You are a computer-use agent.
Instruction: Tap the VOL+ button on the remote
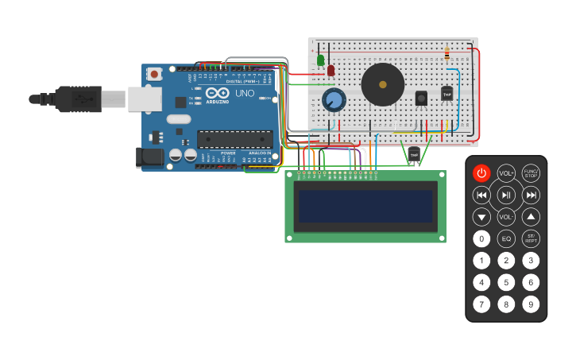(506, 173)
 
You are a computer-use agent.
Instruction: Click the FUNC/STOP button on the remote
(531, 173)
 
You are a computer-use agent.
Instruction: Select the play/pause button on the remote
(506, 195)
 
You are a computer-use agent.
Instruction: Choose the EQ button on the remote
(506, 238)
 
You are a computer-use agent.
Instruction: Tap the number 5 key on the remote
(506, 281)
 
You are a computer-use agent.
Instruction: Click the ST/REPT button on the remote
(531, 238)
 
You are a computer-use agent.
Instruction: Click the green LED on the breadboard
(321, 60)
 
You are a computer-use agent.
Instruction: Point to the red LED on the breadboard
(331, 71)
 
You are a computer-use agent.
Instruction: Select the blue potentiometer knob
(334, 100)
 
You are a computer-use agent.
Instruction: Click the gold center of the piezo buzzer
(382, 84)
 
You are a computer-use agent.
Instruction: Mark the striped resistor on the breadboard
(446, 54)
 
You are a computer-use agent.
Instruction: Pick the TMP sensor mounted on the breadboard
(446, 94)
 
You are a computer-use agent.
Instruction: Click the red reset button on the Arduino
(154, 74)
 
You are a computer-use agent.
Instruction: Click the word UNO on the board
(244, 94)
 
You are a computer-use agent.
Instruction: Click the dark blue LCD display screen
(365, 206)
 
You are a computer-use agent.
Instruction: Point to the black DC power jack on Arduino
(149, 157)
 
